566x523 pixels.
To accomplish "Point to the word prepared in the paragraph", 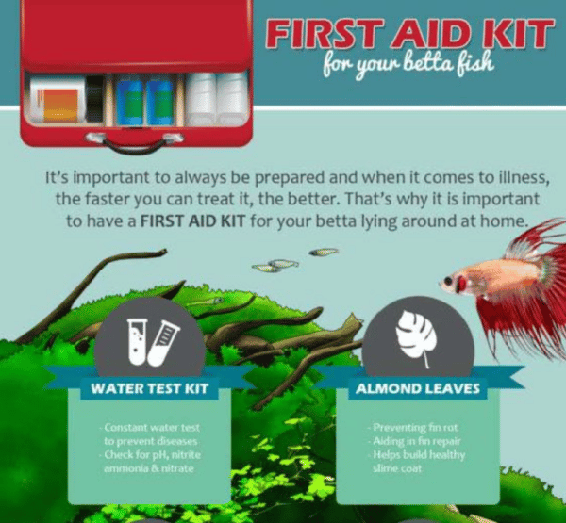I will (266, 176).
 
